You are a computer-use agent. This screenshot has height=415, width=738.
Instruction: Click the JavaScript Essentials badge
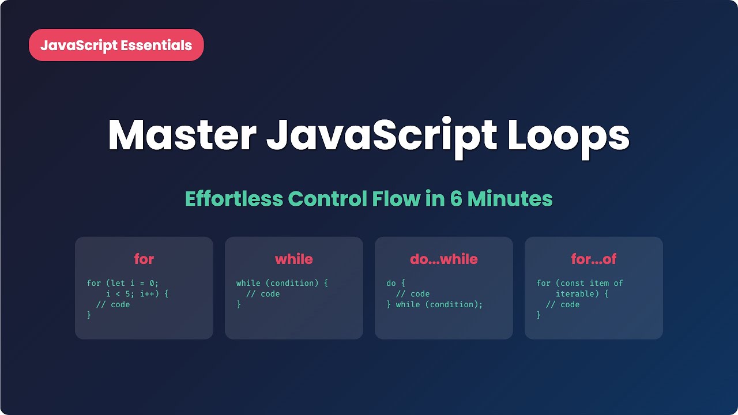tap(116, 45)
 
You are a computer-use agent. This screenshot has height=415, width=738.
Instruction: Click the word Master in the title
tap(182, 136)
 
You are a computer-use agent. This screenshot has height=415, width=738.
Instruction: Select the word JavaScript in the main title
tap(381, 136)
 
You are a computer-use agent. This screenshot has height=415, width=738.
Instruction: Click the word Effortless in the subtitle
tap(234, 199)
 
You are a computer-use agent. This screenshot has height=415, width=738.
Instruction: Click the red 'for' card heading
tap(144, 259)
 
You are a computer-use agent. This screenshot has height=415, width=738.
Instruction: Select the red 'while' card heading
tap(294, 259)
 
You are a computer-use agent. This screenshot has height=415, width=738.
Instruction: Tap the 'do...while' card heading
tap(444, 259)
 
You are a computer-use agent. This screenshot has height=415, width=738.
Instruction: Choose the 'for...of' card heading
tap(594, 259)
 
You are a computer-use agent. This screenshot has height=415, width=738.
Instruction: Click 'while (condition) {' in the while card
tap(282, 283)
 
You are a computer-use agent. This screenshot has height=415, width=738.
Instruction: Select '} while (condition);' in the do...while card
tap(435, 304)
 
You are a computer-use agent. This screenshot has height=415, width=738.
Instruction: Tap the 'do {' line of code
tap(396, 283)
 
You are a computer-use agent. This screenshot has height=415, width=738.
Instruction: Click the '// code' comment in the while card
tap(263, 294)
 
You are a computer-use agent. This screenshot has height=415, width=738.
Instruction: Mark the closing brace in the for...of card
tap(539, 315)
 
